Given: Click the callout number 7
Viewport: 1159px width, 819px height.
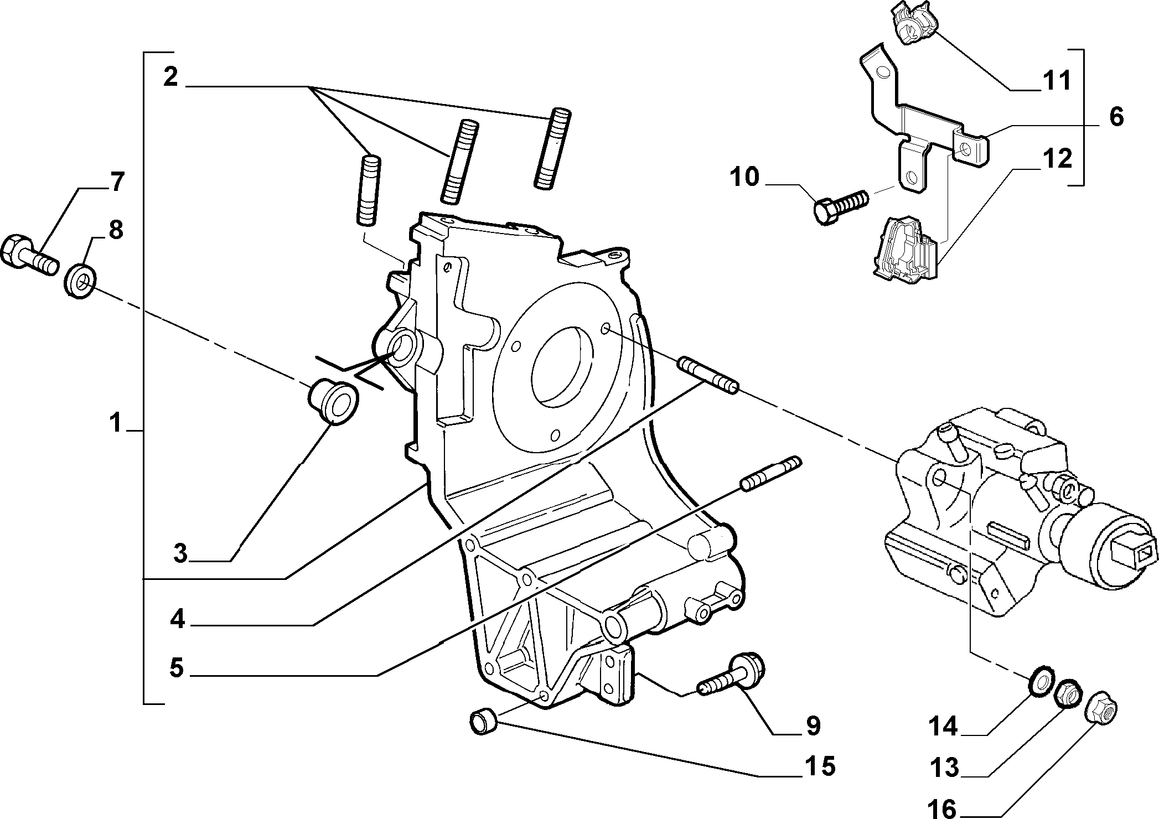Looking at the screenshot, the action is click(116, 182).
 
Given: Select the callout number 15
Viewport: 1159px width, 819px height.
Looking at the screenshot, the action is click(820, 766).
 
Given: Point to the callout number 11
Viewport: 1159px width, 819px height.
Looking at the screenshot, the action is click(1056, 81).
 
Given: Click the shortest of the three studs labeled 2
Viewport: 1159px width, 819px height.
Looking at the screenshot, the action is click(368, 190).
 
